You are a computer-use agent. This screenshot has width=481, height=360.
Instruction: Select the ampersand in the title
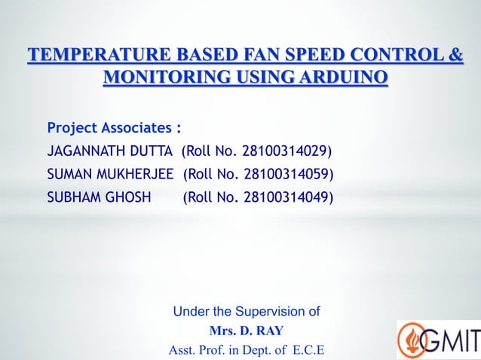point(456,56)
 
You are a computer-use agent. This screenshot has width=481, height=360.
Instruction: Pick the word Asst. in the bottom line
point(182,351)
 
